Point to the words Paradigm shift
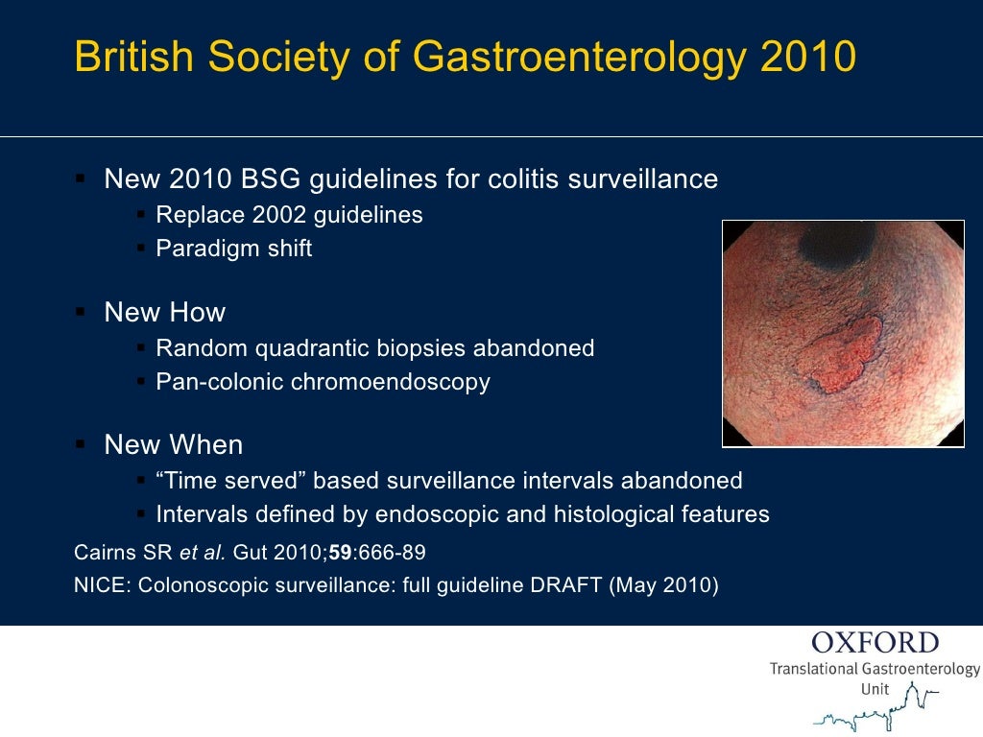(234, 249)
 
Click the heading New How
(164, 312)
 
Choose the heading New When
(173, 445)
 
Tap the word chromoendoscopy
(391, 382)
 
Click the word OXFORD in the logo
(875, 643)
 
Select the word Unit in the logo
(875, 689)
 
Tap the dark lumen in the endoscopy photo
(837, 246)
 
